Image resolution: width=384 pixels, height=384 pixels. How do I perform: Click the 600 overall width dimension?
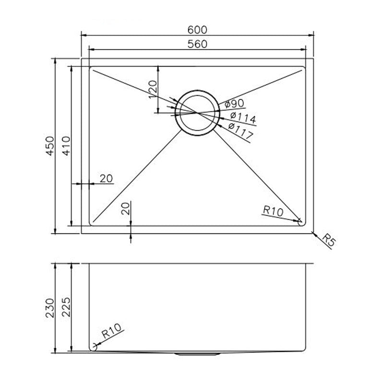197,30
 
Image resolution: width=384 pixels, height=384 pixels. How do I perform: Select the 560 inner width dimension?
197,44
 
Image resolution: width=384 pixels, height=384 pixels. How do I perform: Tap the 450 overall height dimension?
50,146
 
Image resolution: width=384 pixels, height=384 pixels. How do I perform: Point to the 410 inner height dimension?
66,146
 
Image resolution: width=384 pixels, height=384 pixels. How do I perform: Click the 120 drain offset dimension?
153,89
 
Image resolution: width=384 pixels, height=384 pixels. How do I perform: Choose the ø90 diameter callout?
234,104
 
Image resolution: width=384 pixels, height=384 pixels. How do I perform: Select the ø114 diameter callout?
243,118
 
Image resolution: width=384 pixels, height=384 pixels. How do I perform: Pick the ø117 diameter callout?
240,130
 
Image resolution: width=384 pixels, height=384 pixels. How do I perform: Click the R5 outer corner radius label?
329,240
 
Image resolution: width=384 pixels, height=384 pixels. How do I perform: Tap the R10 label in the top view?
273,211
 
